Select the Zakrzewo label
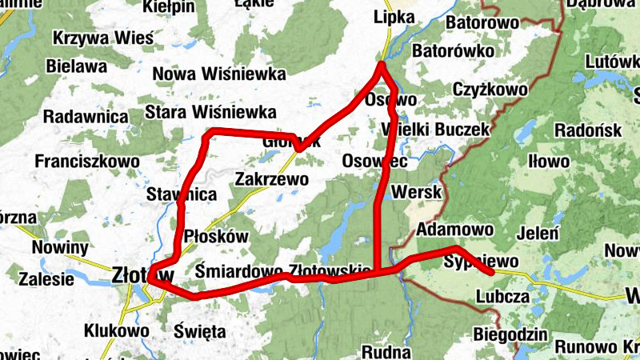pyautogui.click(x=272, y=179)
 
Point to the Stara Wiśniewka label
pyautogui.click(x=211, y=112)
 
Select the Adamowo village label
pyautogui.click(x=455, y=230)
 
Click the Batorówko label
pyautogui.click(x=451, y=51)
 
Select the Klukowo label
pyautogui.click(x=116, y=330)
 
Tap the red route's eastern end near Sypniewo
pyautogui.click(x=489, y=273)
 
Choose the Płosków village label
pyautogui.click(x=216, y=238)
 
